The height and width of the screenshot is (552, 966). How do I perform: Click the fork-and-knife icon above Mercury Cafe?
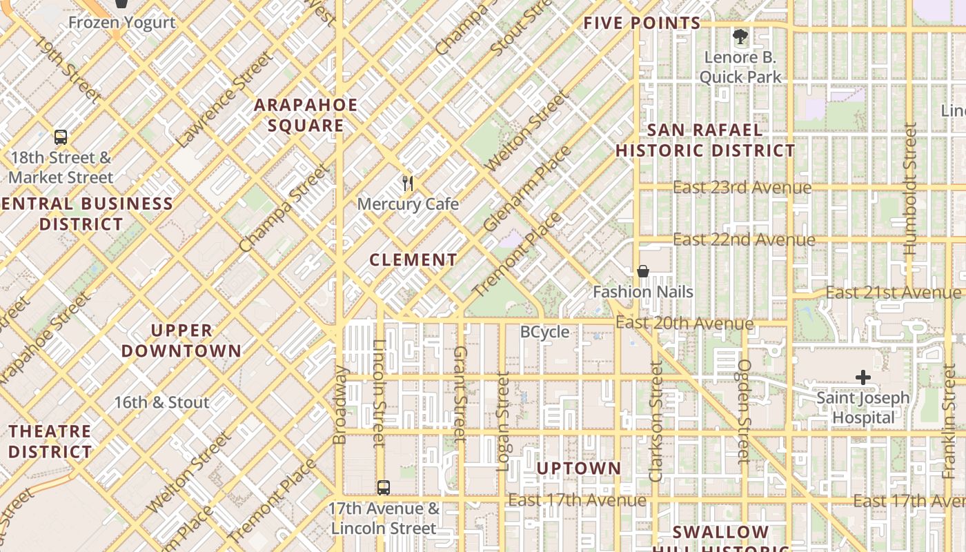coord(408,184)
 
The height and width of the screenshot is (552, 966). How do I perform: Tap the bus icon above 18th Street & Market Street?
coord(61,137)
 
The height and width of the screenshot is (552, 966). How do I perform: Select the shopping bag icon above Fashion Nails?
coord(643,271)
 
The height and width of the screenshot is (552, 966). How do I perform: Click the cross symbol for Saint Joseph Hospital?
coord(862,377)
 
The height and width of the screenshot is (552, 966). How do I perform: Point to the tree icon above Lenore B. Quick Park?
coord(740,37)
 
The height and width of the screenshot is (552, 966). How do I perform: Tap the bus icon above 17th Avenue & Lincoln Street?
coord(384,488)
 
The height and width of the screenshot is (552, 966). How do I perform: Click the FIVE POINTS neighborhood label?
coord(642,23)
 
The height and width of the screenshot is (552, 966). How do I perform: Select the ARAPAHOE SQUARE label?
coord(306,115)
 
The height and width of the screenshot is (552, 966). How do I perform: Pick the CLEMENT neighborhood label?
coord(413,260)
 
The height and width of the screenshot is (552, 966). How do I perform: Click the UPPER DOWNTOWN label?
coord(181,341)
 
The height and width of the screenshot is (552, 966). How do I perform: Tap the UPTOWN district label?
coord(579,469)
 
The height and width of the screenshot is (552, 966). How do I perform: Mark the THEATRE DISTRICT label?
coord(50,442)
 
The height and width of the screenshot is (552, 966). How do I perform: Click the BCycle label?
coord(544,332)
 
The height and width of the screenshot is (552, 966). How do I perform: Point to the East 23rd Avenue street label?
coord(742,188)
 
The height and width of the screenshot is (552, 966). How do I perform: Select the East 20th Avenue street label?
coord(684,323)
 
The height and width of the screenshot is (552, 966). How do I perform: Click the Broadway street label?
coord(339,404)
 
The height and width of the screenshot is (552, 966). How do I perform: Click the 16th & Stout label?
coord(161,402)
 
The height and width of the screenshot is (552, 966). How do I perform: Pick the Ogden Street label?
coord(743,411)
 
